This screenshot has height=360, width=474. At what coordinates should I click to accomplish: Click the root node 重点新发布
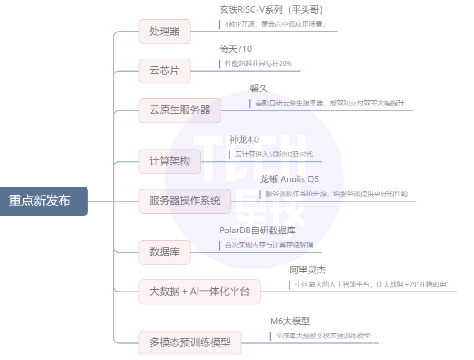tap(44, 201)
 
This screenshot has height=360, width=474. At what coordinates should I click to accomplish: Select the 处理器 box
tap(165, 32)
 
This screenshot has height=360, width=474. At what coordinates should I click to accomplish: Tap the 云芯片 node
tap(165, 71)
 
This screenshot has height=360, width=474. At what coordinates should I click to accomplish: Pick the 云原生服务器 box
tap(180, 110)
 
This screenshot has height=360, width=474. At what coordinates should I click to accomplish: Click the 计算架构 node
tap(170, 162)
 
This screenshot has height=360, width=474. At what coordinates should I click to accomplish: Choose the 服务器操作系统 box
tap(185, 201)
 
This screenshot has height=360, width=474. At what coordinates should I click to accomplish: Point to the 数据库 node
tap(165, 252)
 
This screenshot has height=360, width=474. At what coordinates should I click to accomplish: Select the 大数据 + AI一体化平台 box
tap(199, 292)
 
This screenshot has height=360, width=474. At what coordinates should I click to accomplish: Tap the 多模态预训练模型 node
tap(190, 343)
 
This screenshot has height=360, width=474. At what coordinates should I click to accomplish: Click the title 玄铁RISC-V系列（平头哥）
tap(271, 9)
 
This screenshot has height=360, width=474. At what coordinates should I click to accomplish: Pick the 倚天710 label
tap(235, 49)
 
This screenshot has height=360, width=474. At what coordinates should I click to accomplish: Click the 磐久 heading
tap(258, 88)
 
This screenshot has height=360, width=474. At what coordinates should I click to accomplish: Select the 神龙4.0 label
tap(244, 140)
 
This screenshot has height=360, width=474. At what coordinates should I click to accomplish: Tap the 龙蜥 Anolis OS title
tap(289, 179)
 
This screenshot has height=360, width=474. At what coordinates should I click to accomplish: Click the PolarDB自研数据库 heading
tap(258, 230)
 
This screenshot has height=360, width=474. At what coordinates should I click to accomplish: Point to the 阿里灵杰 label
tap(308, 270)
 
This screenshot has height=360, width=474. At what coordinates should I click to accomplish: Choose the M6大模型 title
tap(290, 321)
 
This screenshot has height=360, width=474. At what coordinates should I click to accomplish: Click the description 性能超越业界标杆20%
tap(258, 64)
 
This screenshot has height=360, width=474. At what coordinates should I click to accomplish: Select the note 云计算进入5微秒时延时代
tap(274, 155)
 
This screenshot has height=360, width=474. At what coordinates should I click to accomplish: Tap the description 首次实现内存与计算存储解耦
tap(269, 245)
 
